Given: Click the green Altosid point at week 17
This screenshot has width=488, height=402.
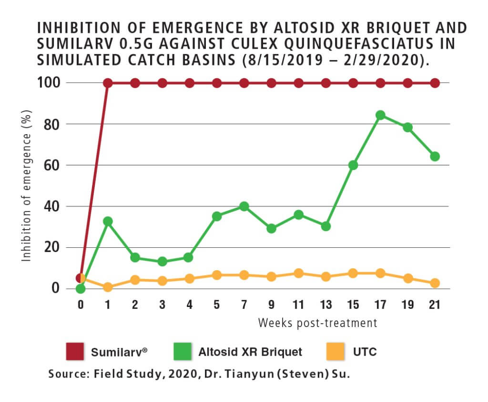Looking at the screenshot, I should (380, 115).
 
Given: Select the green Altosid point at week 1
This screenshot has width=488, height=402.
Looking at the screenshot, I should (108, 221).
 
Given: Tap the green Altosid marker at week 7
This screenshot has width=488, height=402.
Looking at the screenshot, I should (244, 206).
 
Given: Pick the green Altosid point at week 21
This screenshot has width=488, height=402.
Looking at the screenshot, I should (435, 156).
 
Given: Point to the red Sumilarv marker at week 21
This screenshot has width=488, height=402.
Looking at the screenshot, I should (435, 83).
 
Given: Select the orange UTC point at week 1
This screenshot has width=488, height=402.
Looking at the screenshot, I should (108, 287).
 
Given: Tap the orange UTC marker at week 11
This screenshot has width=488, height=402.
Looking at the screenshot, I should (299, 274).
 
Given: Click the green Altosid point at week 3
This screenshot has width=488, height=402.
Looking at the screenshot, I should (162, 262).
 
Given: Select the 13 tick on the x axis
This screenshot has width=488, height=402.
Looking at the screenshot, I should (326, 305).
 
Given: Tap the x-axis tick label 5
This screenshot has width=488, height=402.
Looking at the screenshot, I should (217, 305).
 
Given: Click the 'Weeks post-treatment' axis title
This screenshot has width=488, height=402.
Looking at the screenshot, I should (317, 323).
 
